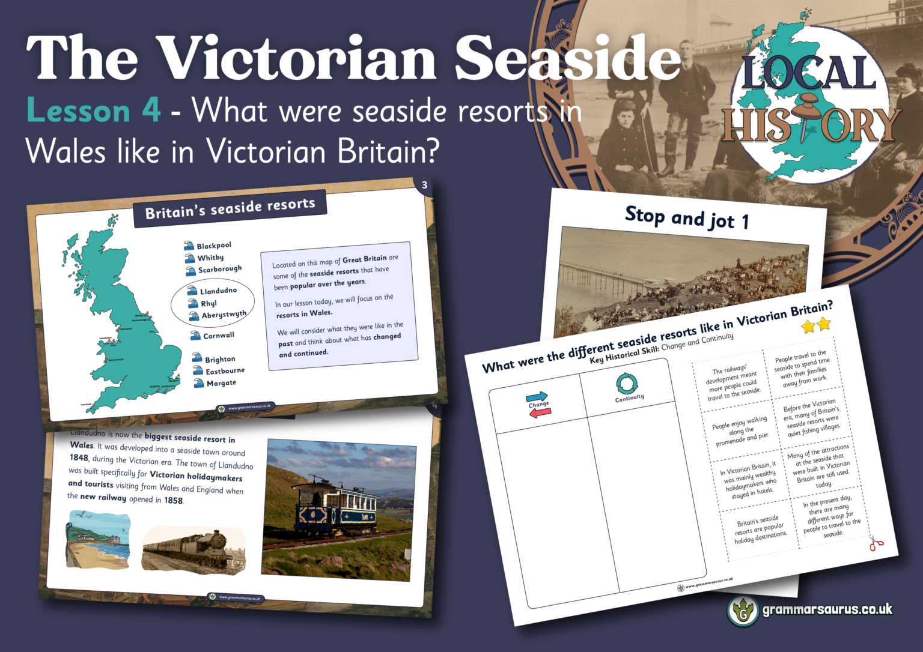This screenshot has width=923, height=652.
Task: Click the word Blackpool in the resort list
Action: point(214,246)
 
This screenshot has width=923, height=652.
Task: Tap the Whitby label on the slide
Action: point(210,258)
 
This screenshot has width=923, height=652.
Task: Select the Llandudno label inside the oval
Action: point(218,291)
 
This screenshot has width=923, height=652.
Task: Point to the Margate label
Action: point(221,382)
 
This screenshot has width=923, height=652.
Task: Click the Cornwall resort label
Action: point(218,336)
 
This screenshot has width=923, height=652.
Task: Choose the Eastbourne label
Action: point(225,371)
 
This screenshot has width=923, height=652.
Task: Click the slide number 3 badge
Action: point(424,186)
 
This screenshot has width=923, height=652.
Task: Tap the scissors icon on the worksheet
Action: point(876,544)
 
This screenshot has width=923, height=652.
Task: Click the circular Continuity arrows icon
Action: point(626,384)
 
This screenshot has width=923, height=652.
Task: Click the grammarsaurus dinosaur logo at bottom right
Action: point(743,611)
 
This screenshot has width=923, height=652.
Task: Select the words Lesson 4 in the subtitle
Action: point(94,112)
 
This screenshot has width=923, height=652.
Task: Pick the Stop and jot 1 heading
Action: point(686,218)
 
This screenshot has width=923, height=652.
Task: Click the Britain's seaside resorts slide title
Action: point(230,208)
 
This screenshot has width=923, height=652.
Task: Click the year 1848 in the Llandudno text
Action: point(79,457)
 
